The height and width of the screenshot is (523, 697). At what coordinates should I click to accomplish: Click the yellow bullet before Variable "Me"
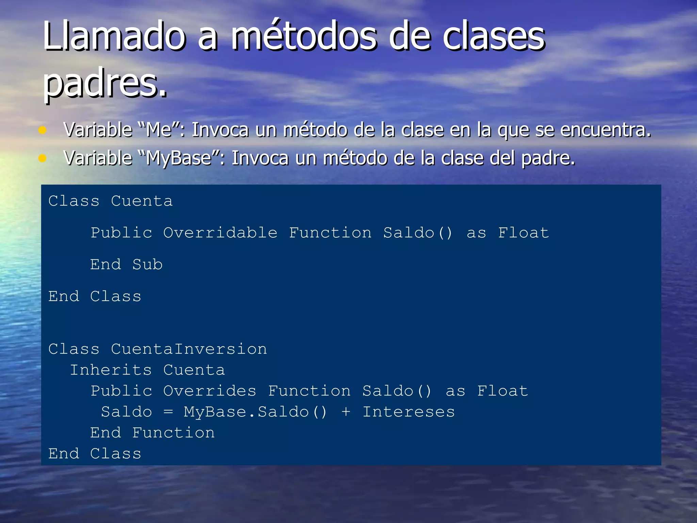click(42, 130)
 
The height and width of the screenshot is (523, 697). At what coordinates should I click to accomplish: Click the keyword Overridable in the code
click(220, 233)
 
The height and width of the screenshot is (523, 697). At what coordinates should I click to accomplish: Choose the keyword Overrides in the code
click(210, 391)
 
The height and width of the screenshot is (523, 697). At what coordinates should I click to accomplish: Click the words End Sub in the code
click(126, 265)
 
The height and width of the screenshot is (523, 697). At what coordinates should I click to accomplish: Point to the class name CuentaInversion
click(189, 349)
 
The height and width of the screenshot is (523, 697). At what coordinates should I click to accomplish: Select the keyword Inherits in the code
click(111, 370)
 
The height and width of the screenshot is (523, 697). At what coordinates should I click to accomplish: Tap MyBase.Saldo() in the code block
click(255, 412)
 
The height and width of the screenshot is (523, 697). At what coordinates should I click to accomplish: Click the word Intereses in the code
click(408, 412)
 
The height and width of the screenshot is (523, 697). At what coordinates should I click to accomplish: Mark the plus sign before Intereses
click(346, 412)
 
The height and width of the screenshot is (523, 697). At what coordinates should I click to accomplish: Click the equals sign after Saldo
click(168, 412)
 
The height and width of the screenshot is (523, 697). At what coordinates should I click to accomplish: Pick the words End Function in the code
click(152, 433)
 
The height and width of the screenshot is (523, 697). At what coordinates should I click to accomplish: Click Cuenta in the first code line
click(142, 201)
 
